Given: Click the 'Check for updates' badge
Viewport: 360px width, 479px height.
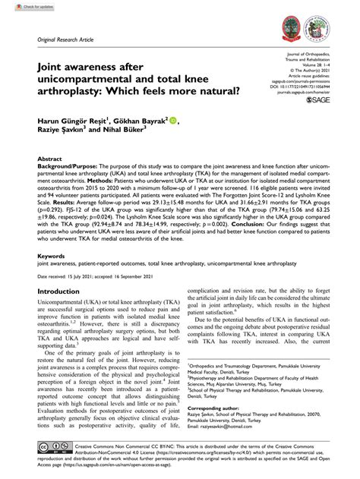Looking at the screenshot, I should click(24, 7).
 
